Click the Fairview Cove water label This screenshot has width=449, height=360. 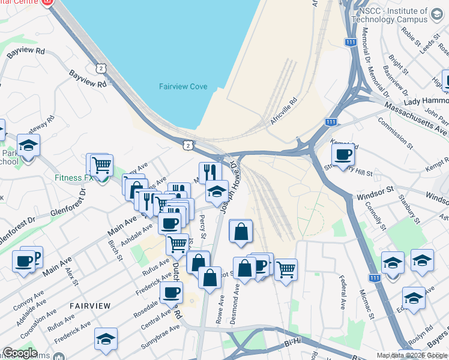click(183, 87)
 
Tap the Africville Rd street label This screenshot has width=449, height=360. click(284, 111)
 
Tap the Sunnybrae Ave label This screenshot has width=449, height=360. click(158, 333)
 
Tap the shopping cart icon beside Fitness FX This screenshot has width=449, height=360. click(101, 164)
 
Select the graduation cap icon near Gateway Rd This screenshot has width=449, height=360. click(28, 145)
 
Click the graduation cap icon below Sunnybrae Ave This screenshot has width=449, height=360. click(106, 338)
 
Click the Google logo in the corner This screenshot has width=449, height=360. click(20, 353)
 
